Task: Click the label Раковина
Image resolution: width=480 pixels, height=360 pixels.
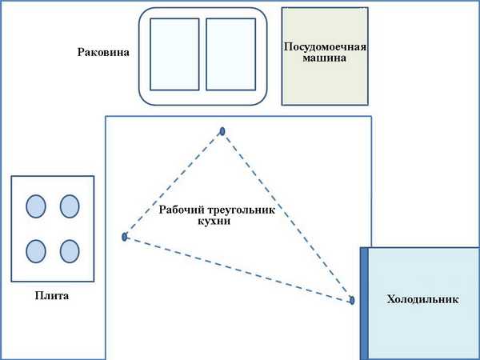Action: tap(103, 53)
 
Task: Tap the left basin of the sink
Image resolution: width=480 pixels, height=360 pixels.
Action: tap(174, 54)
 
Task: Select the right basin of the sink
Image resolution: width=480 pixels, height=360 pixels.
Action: tap(230, 54)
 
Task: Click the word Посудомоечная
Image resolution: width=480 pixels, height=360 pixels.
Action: tap(326, 46)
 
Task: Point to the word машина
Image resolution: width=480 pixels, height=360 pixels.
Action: tap(326, 58)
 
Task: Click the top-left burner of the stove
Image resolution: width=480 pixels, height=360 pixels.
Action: tap(36, 206)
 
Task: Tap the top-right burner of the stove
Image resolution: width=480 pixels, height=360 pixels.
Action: tap(70, 206)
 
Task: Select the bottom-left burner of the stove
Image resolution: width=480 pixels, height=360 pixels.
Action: tap(36, 251)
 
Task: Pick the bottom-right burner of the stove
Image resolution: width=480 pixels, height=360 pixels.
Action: tap(70, 251)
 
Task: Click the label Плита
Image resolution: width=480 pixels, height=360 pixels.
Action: tap(53, 296)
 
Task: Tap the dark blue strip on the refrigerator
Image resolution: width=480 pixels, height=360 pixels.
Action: tap(364, 304)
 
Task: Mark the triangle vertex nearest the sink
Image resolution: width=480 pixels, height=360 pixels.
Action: tap(222, 131)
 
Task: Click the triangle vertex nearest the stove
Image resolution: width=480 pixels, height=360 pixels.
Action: tap(125, 237)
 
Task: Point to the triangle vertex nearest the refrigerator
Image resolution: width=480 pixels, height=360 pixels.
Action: tap(352, 301)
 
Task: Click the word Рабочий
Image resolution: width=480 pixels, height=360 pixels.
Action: tap(183, 210)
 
